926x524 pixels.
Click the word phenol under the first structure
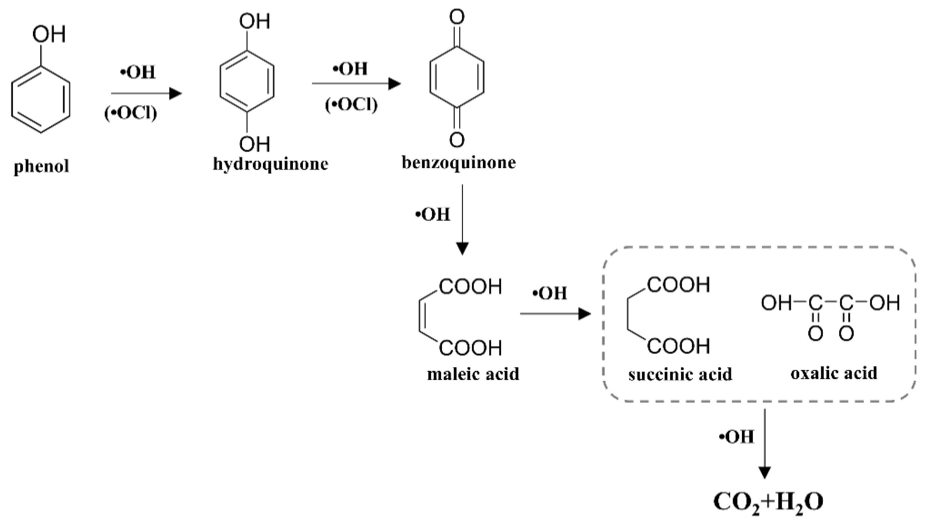pyautogui.click(x=41, y=167)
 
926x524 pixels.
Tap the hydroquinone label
pyautogui.click(x=270, y=164)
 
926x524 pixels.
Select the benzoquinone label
pyautogui.click(x=458, y=163)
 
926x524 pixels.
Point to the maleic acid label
pyautogui.click(x=473, y=374)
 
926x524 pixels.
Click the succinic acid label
pyautogui.click(x=680, y=374)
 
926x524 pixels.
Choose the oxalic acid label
pyautogui.click(x=833, y=373)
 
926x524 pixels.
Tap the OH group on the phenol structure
pyautogui.click(x=49, y=35)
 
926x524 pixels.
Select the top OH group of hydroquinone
pyautogui.click(x=255, y=21)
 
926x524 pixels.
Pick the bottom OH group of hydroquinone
pyautogui.click(x=255, y=144)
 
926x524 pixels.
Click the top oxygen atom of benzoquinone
pyautogui.click(x=457, y=17)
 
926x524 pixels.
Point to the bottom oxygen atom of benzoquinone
pyautogui.click(x=457, y=140)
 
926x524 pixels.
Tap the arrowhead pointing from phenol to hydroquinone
pyautogui.click(x=176, y=93)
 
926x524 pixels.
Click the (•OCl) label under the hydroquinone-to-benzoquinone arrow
pyautogui.click(x=351, y=105)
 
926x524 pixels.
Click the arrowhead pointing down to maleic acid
pyautogui.click(x=462, y=248)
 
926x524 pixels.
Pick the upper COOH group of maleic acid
pyautogui.click(x=470, y=287)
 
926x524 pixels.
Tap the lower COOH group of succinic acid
pyautogui.click(x=678, y=346)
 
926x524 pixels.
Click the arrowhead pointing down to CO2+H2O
pyautogui.click(x=764, y=472)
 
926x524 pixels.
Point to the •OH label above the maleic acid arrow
pyautogui.click(x=550, y=293)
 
